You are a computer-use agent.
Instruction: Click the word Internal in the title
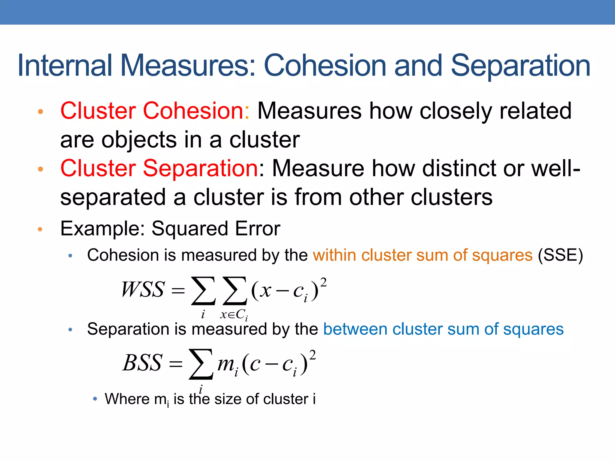(65, 65)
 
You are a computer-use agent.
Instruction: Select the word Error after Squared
(258, 229)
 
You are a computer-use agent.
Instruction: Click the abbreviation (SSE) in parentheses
(560, 255)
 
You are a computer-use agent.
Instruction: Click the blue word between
(355, 329)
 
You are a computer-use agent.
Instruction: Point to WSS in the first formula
(143, 290)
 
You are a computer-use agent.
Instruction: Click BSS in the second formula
(143, 363)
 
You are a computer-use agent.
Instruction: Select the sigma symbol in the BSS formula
(201, 364)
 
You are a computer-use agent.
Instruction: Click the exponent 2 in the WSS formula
(323, 283)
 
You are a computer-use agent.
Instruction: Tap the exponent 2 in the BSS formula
(312, 356)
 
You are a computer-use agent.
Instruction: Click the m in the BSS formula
(226, 364)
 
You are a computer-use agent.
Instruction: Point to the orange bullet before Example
(40, 229)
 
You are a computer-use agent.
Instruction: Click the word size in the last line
(228, 399)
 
